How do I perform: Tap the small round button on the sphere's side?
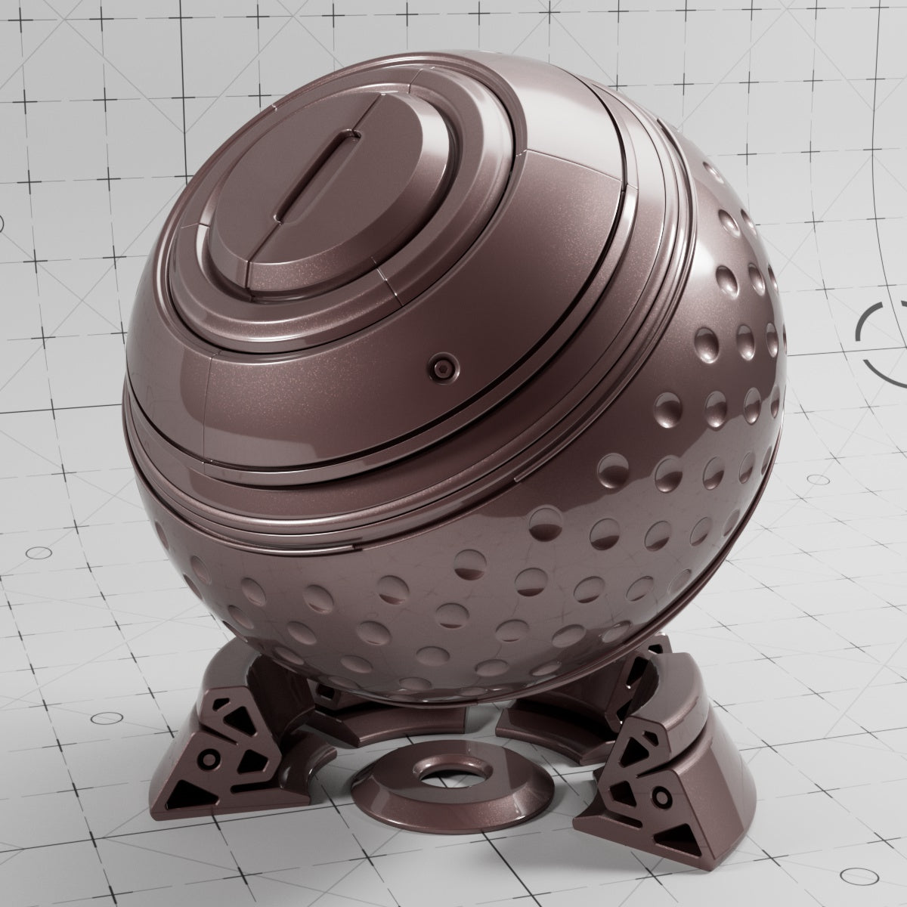[441, 368]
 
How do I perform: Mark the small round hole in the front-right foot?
[663, 796]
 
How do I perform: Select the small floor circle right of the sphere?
[818, 479]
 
